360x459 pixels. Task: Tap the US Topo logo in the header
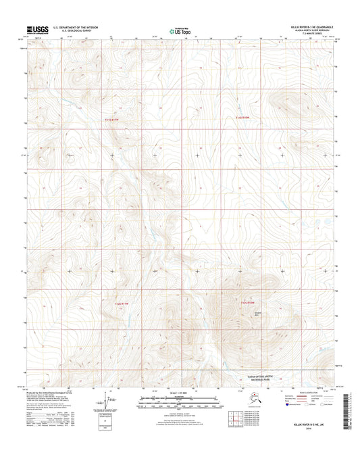180,30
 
